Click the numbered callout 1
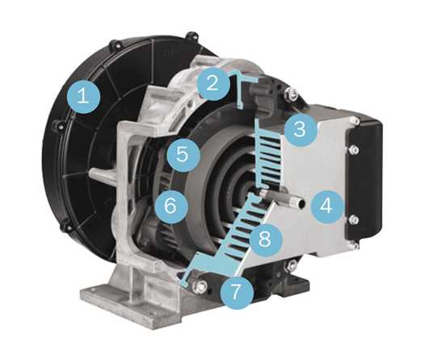click(x=83, y=97)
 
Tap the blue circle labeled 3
click(x=300, y=129)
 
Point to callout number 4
click(x=326, y=207)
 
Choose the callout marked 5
click(x=183, y=155)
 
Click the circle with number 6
click(x=171, y=207)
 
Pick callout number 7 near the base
click(x=237, y=293)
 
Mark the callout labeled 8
click(x=264, y=239)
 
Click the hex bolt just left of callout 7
click(x=199, y=286)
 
